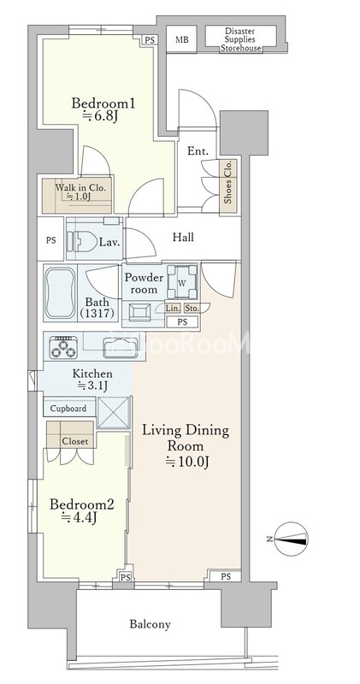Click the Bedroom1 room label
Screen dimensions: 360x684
click(103, 104)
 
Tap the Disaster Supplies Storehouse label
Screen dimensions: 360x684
click(240, 39)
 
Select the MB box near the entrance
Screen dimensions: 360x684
click(182, 39)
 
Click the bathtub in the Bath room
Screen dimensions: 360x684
click(60, 292)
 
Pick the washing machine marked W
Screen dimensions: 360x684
click(182, 283)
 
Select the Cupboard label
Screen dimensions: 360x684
click(68, 409)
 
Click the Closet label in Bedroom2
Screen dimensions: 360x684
click(75, 441)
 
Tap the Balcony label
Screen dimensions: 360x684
click(150, 624)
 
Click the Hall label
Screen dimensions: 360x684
click(183, 238)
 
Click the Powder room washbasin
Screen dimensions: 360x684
click(139, 312)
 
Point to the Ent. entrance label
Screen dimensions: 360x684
click(198, 151)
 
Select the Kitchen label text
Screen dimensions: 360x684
click(92, 374)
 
